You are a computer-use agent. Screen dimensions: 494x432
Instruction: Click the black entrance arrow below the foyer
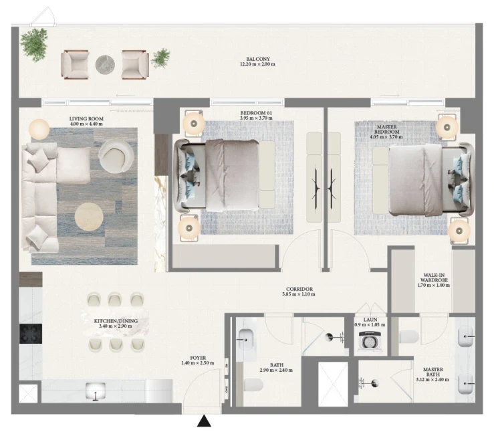(x=204, y=421)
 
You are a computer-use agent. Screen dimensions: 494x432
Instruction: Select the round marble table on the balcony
(x=105, y=65)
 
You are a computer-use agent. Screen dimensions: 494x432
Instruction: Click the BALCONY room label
(x=258, y=59)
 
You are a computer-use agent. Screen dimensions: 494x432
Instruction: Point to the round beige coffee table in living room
(x=89, y=217)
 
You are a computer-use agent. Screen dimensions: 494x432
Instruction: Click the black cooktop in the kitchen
(x=31, y=334)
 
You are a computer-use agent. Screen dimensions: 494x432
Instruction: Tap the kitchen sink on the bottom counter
(x=96, y=391)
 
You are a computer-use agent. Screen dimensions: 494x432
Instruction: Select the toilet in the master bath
(x=409, y=336)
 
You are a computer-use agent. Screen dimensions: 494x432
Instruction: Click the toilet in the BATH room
(x=253, y=385)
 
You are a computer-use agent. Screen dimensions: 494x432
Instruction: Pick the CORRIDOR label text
(x=299, y=289)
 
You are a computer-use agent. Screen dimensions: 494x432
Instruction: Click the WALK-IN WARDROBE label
(x=434, y=278)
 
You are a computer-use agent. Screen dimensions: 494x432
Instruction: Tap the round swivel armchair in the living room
(x=116, y=156)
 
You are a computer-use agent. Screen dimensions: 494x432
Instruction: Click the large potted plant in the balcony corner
(x=33, y=44)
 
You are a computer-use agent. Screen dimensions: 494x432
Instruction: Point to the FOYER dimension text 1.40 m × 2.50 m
(x=198, y=363)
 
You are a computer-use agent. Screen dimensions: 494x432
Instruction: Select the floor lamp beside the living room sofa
(x=39, y=129)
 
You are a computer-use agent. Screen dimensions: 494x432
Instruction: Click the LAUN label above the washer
(x=370, y=320)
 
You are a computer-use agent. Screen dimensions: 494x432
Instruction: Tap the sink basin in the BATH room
(x=246, y=340)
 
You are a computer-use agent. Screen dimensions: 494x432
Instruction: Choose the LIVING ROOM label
(x=86, y=119)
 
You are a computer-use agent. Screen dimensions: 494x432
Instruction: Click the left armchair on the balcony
(x=75, y=65)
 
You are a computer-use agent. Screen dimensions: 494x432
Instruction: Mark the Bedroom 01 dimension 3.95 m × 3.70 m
(x=256, y=118)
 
